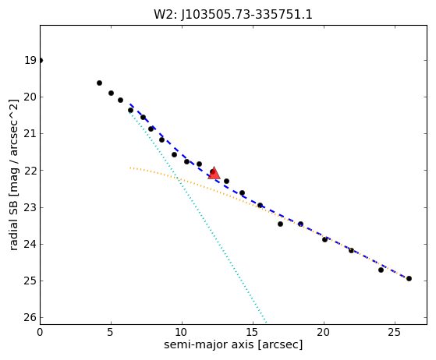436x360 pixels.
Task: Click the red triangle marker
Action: click(x=214, y=174)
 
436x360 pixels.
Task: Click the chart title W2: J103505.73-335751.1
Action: click(x=233, y=15)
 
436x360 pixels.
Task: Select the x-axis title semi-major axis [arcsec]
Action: click(x=233, y=344)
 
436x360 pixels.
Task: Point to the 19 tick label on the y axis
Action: click(x=30, y=60)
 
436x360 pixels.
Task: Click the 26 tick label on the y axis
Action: click(x=30, y=317)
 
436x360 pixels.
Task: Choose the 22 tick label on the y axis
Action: click(x=30, y=171)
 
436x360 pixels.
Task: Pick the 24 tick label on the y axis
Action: click(x=30, y=244)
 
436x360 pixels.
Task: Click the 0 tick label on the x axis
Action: click(x=40, y=332)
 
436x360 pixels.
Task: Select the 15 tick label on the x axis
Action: click(x=253, y=332)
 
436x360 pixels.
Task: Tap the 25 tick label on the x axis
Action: click(x=395, y=332)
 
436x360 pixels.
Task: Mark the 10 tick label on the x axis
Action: click(x=182, y=332)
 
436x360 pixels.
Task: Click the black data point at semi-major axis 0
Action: click(x=41, y=61)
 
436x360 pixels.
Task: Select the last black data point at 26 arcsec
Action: click(x=409, y=279)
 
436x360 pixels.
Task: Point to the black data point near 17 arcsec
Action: click(x=280, y=224)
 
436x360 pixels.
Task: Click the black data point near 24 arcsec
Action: click(x=381, y=270)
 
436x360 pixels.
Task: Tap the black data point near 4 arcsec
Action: click(x=99, y=83)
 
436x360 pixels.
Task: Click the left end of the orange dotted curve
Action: click(x=130, y=168)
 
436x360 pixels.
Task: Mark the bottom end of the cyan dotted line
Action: click(x=267, y=323)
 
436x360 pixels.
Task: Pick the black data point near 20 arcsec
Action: click(x=324, y=239)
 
